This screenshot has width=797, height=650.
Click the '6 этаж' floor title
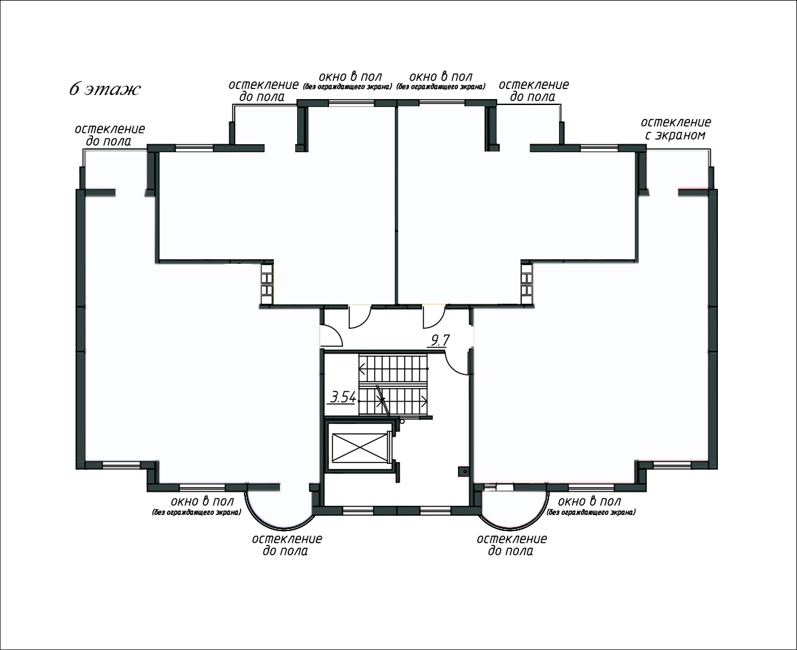coord(105,90)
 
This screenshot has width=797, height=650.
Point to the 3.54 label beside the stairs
coord(343,396)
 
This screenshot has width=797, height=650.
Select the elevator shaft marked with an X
coord(359,448)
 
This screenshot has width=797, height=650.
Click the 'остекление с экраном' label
coord(675,128)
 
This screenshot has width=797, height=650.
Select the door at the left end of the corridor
coord(330,336)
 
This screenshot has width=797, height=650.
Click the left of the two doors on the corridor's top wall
coord(360,316)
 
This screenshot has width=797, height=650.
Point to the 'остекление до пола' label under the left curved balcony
coord(286,544)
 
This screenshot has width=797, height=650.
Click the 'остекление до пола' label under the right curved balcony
coord(512,544)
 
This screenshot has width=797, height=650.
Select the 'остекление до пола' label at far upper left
coord(110,135)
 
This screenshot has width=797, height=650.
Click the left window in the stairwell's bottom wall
coord(358,510)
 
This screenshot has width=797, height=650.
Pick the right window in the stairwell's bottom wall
coord(435,510)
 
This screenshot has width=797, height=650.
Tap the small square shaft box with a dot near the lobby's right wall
coord(463,472)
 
